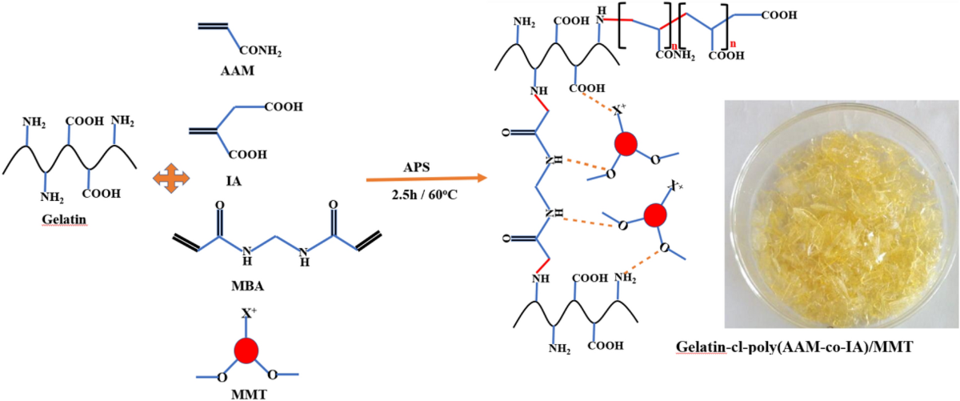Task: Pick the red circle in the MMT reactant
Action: click(x=247, y=350)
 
